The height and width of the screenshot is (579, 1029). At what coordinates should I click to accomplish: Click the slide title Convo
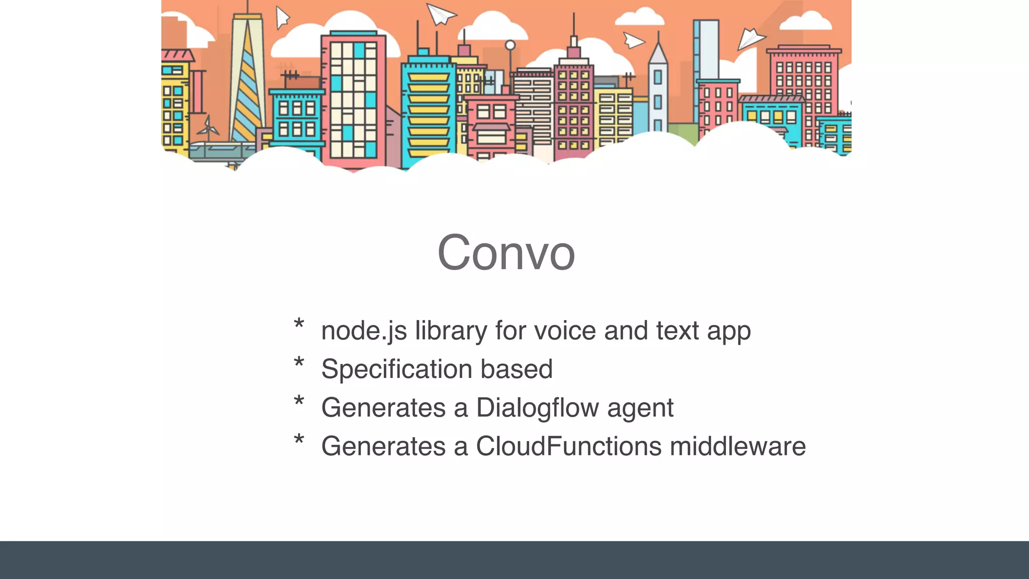(x=506, y=253)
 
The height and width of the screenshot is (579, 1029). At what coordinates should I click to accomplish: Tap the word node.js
(x=364, y=331)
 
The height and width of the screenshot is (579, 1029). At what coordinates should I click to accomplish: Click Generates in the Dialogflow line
(x=383, y=408)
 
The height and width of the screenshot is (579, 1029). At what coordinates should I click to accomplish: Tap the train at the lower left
(x=221, y=151)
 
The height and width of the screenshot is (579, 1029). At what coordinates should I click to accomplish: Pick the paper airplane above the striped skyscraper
(x=282, y=18)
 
